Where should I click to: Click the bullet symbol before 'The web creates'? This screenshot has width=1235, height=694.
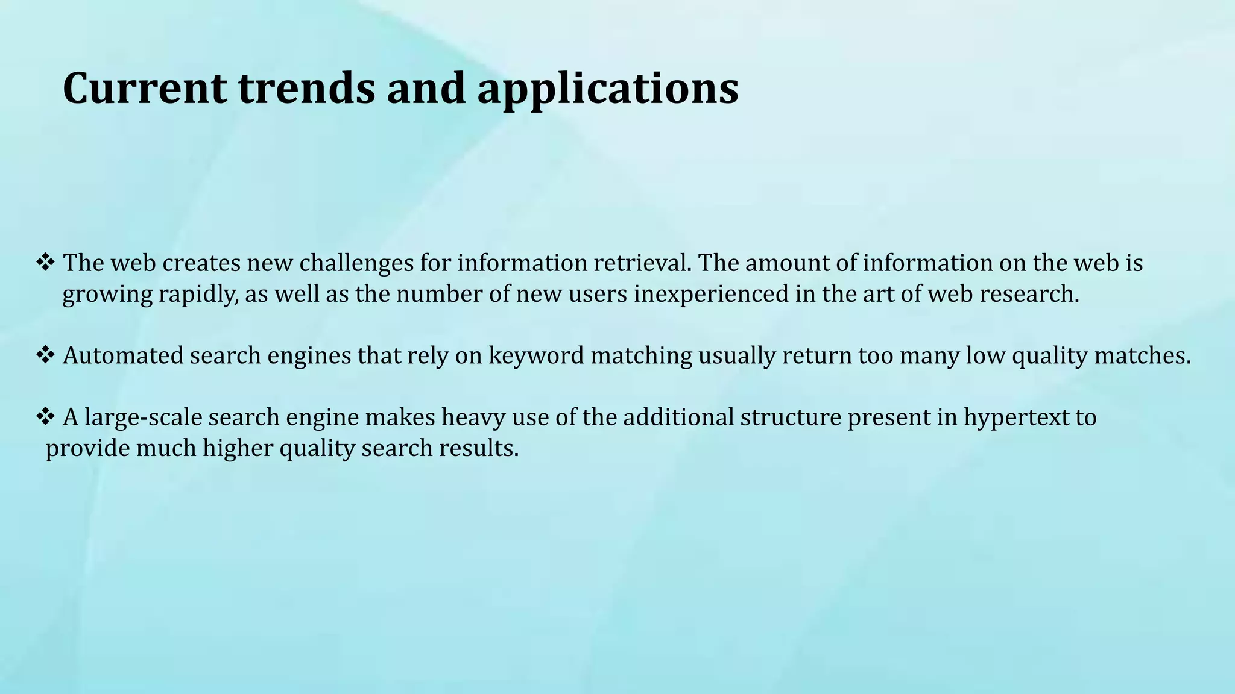tap(46, 263)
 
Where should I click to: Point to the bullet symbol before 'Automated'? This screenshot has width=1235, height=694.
tap(46, 355)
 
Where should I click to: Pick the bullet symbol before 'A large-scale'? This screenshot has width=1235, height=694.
tap(46, 416)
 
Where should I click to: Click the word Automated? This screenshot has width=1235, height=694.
tap(123, 355)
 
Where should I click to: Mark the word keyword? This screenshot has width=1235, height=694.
tap(535, 356)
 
